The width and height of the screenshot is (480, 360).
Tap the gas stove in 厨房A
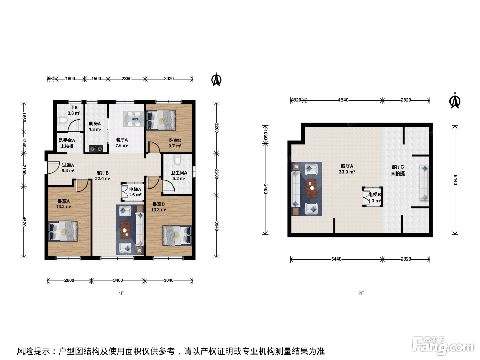coord(96,149)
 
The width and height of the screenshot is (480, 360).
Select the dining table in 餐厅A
coord(134,119)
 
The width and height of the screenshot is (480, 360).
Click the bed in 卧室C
coord(161,120)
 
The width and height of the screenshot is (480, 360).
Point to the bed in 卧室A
coord(63,231)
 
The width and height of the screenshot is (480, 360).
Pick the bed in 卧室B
coord(177,236)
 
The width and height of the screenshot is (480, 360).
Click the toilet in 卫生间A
coord(177,159)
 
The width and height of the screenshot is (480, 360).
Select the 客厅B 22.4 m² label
coord(103,176)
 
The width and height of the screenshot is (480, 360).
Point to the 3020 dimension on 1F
coord(169,79)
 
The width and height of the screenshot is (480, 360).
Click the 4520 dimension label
coord(24,221)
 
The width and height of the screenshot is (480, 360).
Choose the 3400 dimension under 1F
coord(118,280)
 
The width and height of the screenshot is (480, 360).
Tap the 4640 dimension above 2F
coord(343,100)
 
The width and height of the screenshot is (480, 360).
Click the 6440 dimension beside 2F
coord(455,180)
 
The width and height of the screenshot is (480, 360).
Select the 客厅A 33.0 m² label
coord(347,169)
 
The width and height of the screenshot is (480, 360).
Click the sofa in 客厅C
coord(424,183)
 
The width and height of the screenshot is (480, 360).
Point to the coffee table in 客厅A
coord(312,189)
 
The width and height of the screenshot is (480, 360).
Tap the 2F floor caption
coord(361,293)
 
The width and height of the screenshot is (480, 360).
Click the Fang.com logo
coord(443,346)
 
